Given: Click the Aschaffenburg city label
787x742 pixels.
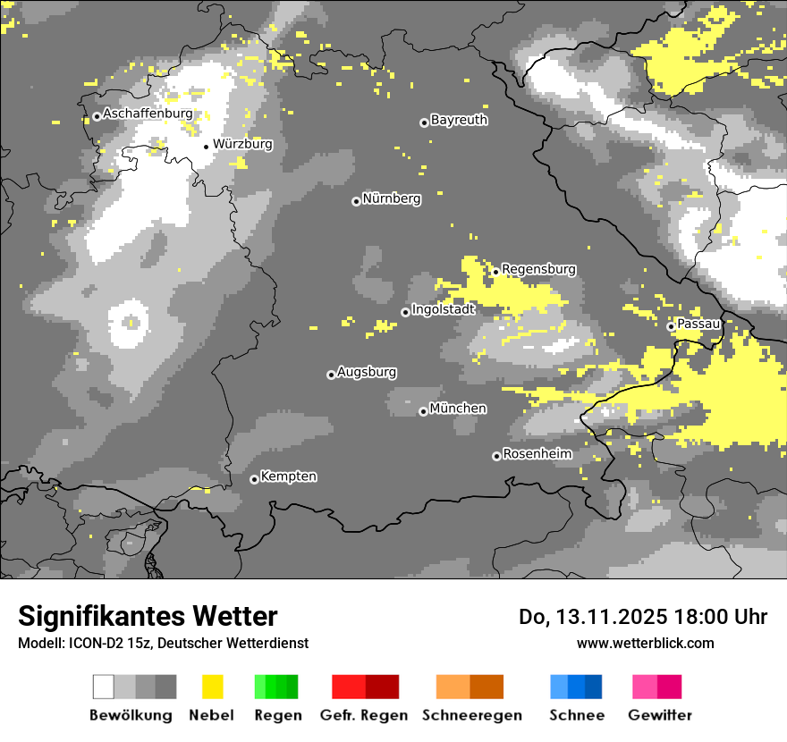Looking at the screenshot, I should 148,114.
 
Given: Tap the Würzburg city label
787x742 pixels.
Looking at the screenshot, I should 242,143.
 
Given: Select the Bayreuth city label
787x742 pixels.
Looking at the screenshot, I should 459,120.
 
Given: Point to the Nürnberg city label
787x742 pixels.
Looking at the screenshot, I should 391,198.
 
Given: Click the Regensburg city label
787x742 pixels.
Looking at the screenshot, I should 538,269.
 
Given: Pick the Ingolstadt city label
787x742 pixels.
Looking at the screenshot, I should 443,309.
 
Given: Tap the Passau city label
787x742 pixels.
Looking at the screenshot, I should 698,324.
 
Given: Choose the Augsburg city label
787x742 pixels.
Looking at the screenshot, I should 367,372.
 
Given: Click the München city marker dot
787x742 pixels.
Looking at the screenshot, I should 423,411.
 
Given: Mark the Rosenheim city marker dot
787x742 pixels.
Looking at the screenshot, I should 496,456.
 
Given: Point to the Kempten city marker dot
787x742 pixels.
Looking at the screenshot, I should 254,479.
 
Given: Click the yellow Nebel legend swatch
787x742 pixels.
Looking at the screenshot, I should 213,687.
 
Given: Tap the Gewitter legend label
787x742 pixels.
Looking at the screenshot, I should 660,715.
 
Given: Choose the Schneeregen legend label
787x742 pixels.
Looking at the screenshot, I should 472,715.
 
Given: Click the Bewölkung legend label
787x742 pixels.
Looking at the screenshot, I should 131,715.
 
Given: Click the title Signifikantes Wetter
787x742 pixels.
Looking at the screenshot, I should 148,616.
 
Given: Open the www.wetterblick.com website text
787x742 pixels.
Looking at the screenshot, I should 645,643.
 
